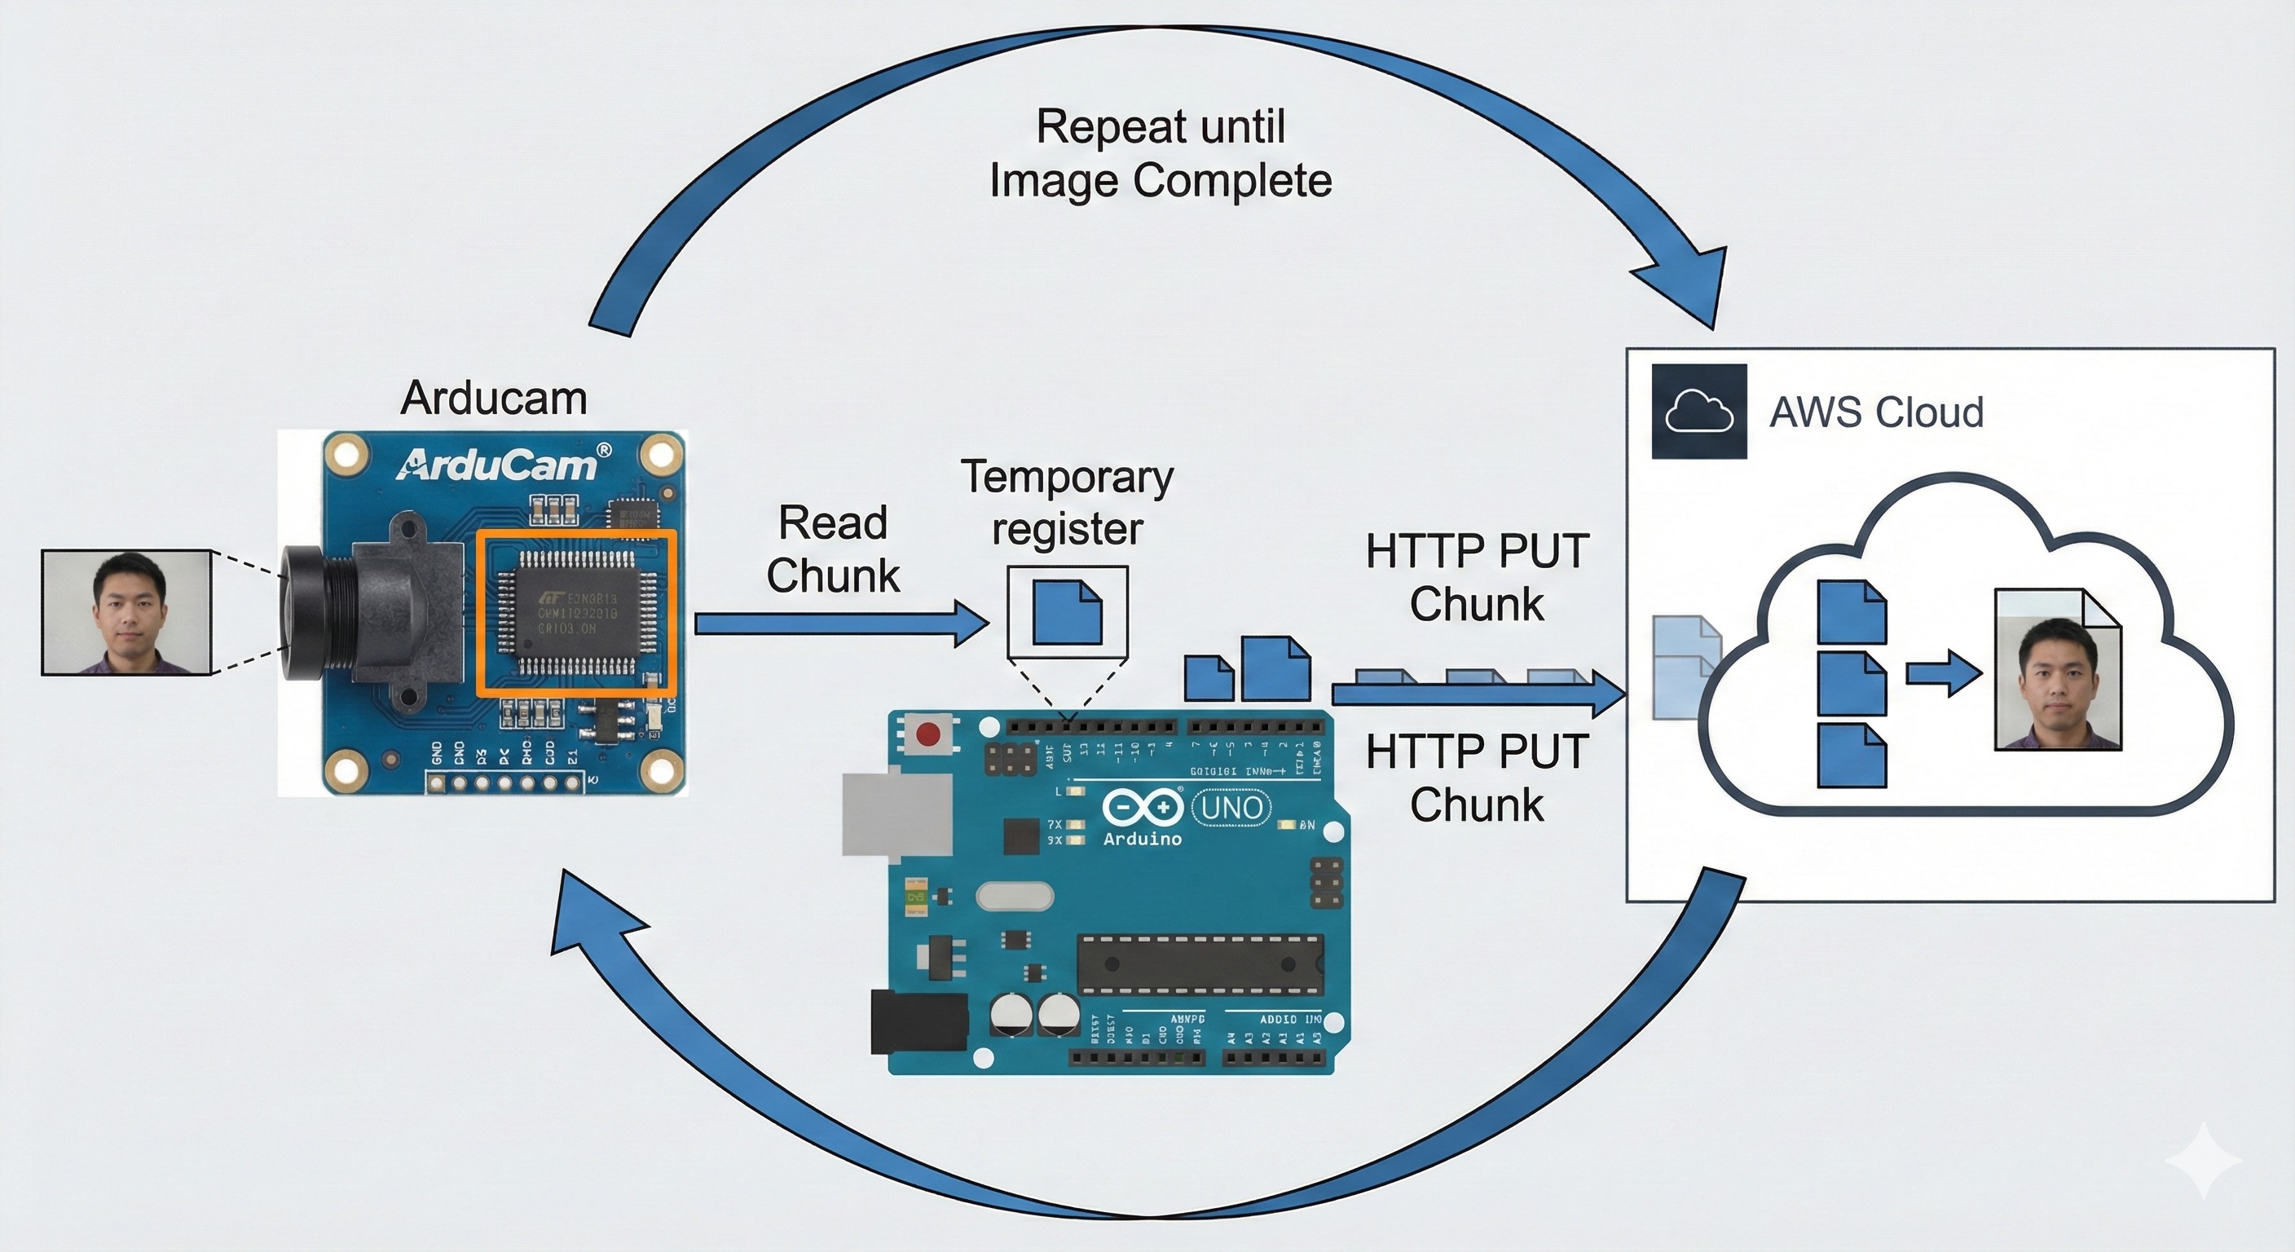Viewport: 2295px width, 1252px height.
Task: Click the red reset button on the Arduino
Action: tap(928, 734)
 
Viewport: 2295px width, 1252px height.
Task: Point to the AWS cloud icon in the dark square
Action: tap(1699, 412)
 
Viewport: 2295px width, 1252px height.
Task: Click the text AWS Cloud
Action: tap(1876, 412)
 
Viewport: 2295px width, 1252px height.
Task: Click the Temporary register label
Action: tap(1068, 503)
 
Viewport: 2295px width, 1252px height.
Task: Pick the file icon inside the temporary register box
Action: tap(1068, 612)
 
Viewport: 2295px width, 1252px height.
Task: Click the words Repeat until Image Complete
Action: tap(1160, 153)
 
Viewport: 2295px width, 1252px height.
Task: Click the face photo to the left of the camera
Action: tap(126, 612)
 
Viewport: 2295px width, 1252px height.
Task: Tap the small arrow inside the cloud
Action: tap(1943, 672)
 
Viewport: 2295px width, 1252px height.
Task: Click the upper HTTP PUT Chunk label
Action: tap(1477, 577)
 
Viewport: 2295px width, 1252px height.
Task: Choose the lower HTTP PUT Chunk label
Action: tap(1477, 778)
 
